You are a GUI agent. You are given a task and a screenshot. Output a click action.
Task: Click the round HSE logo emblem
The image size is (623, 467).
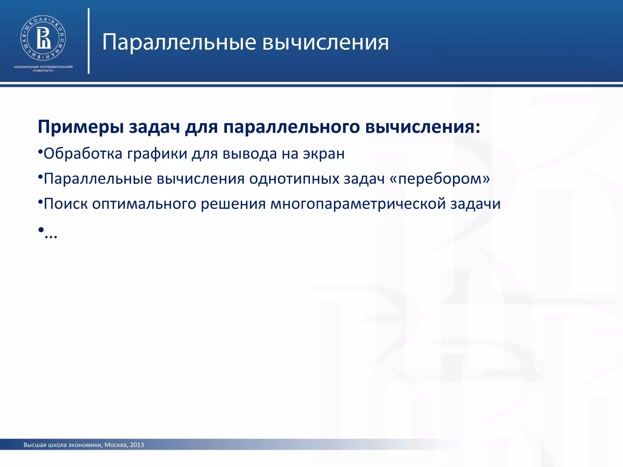pos(43,38)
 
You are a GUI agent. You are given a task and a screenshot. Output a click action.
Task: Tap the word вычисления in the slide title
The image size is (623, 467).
pos(325,42)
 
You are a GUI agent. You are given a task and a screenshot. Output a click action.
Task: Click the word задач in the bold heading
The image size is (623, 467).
pos(155,127)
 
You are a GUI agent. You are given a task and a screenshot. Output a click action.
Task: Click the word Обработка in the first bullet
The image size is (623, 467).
pos(83,154)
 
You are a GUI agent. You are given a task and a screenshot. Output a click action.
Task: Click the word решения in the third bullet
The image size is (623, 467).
pos(233,204)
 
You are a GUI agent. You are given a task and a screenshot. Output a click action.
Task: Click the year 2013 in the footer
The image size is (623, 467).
pos(137,445)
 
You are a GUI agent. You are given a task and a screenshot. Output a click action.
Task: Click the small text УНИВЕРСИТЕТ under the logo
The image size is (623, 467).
pos(43,71)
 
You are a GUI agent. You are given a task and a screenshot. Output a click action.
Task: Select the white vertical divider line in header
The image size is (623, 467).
pos(89,41)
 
